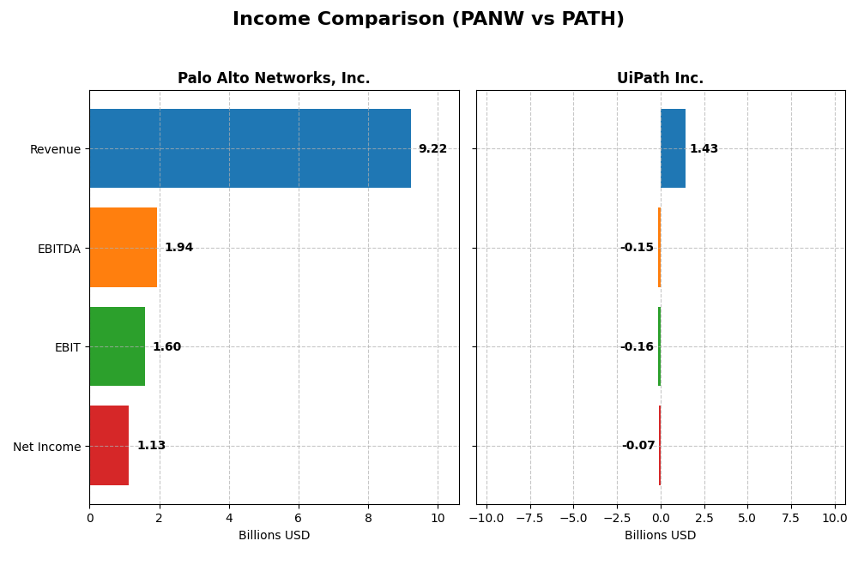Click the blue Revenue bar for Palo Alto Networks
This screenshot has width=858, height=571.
coord(250,148)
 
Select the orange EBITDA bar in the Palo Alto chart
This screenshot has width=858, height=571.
coord(123,247)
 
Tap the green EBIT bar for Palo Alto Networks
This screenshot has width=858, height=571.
coord(117,346)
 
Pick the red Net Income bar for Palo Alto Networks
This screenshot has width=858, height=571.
coord(109,445)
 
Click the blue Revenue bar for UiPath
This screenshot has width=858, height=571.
coord(673,148)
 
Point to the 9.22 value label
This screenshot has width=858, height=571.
coord(432,149)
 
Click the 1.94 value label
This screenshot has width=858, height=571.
coord(178,248)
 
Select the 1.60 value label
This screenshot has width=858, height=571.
coord(166,347)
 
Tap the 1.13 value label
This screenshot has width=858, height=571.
coord(151,446)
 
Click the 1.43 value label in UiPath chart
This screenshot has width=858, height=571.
coord(704,149)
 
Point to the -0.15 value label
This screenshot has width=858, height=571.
coord(637,248)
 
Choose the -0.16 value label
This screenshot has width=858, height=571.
coord(637,347)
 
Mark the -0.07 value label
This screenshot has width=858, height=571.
coord(638,446)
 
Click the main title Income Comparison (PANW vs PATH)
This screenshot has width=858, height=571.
coord(428,19)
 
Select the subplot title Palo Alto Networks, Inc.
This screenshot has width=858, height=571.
coord(274,79)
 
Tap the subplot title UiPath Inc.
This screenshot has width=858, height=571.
coord(660,79)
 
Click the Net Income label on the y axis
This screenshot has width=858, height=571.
coord(46,447)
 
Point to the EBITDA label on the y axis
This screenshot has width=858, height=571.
coord(58,249)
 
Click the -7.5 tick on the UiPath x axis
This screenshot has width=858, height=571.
coord(529,518)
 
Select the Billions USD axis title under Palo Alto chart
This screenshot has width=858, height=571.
coord(274,535)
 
